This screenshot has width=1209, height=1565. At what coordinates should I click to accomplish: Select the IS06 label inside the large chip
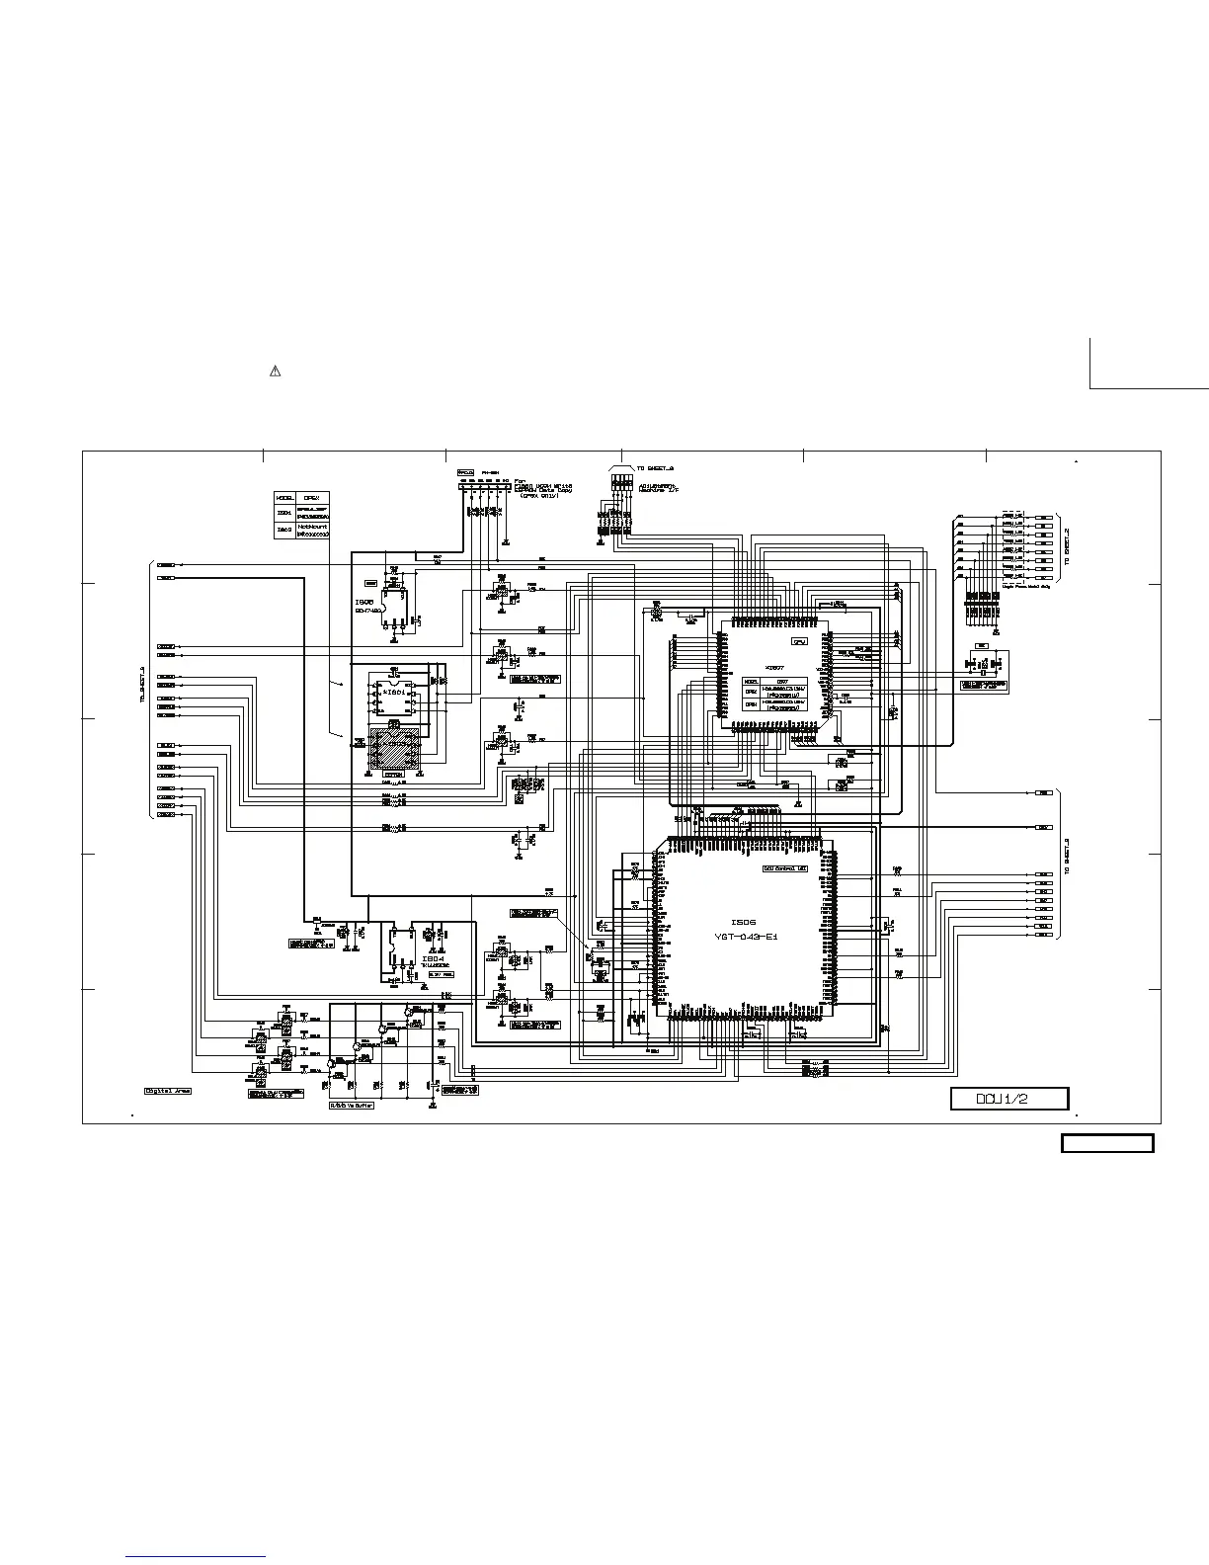pos(743,922)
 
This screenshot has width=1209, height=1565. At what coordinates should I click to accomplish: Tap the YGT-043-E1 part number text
pos(746,937)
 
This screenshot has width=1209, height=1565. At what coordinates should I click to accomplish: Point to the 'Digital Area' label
pos(168,1091)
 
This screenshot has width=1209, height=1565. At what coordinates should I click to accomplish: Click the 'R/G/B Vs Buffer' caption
pos(352,1106)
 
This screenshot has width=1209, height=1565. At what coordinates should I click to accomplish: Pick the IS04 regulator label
pos(433,958)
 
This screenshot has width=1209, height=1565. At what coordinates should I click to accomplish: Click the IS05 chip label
pos(364,601)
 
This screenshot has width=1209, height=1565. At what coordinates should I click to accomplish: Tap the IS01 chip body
pos(394,697)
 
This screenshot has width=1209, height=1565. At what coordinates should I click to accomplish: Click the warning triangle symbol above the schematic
pos(276,371)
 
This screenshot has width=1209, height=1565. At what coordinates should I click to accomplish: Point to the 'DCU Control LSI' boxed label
pos(785,868)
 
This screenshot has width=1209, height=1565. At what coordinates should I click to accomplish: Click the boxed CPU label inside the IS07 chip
pos(800,641)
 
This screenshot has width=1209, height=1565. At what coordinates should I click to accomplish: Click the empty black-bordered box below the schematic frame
pos(1107,1144)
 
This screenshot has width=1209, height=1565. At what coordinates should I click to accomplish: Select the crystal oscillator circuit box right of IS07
pos(988,669)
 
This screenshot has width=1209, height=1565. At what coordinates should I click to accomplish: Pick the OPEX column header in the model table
pos(311,497)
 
